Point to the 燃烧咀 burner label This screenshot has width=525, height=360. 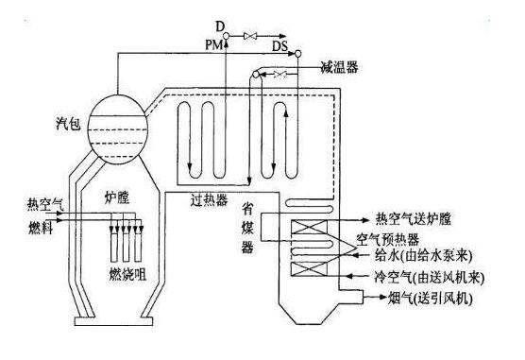(x=127, y=273)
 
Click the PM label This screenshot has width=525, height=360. (x=213, y=43)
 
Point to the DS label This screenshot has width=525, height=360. (x=281, y=43)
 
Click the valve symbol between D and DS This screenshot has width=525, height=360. (x=250, y=36)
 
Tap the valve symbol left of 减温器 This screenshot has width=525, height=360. (x=279, y=73)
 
